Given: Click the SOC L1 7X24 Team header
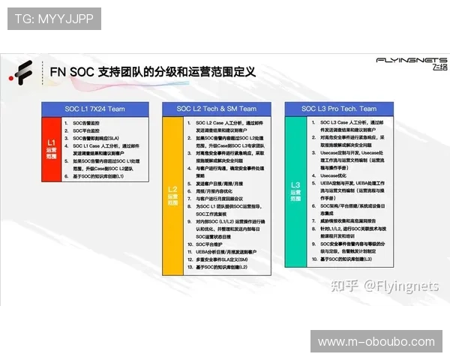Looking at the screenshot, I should [x=94, y=109].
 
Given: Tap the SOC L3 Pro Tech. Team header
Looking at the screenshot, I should [x=340, y=109].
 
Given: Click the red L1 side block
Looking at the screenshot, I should [x=50, y=148].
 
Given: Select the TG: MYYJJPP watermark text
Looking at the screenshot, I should [x=53, y=19].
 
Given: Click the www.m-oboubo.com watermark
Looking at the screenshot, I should [x=376, y=342].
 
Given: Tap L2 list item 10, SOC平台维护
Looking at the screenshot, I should [x=209, y=244].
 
